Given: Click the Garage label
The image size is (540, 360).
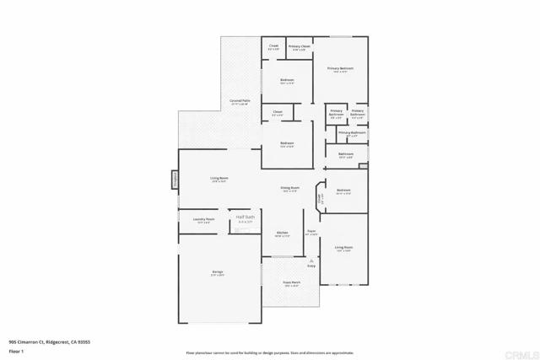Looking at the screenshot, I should pos(217,271).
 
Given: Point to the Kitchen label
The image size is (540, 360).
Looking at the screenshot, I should pos(282,233).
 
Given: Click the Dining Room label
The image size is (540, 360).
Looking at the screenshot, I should pos(289,188).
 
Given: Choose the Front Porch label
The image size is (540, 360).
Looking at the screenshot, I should pos(292,284).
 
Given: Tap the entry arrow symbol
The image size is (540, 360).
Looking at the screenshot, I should pos(310,262).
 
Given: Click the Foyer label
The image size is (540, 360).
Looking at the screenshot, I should pos(311,231).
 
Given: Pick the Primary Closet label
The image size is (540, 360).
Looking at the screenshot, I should pos(300,47).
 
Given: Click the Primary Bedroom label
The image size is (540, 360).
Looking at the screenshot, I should pos(341,68).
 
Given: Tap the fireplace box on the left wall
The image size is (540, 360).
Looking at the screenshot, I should pos(175,178).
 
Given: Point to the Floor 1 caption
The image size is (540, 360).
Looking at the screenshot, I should pos(14,351).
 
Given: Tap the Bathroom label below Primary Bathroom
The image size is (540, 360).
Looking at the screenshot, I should pos(346,153).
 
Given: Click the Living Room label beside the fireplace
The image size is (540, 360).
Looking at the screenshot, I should pos(220,178).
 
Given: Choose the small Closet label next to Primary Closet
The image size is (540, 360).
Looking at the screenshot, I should pos(273,46).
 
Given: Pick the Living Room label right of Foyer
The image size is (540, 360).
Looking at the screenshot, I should pos(343,247).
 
